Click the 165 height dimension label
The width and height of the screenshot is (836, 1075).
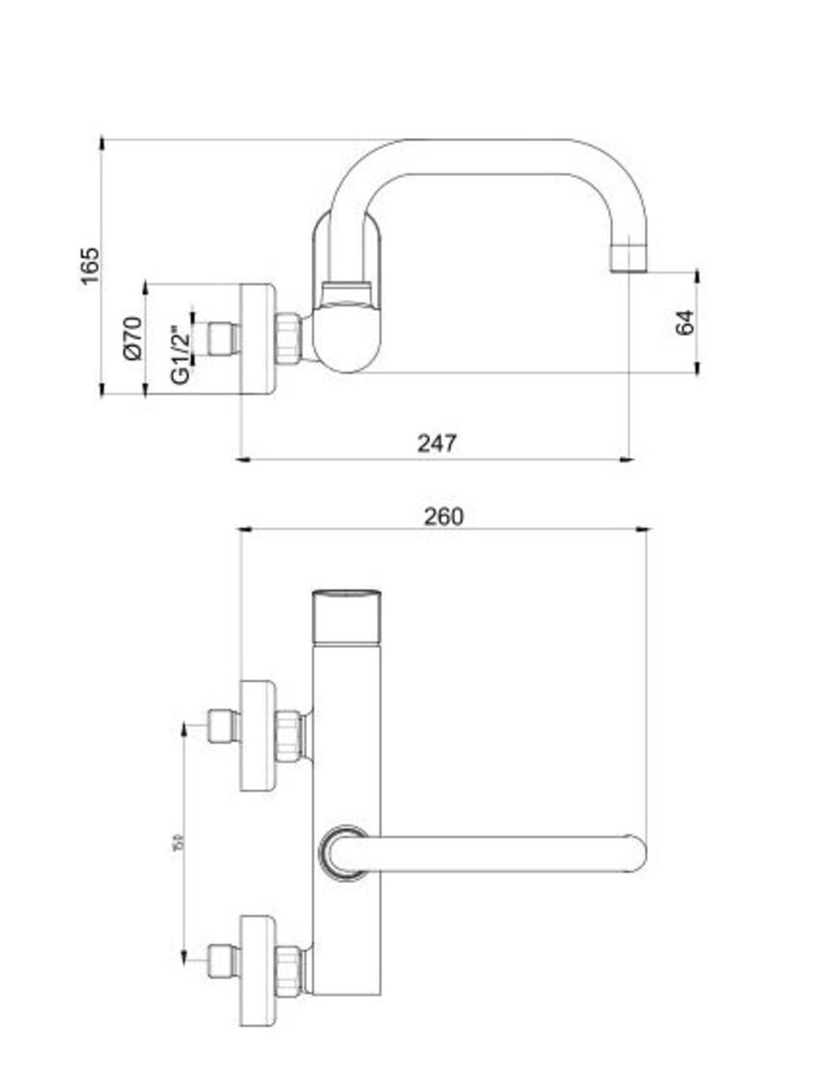pos(90,265)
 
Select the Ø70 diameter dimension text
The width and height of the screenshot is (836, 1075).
pos(132,338)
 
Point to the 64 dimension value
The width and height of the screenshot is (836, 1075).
pos(685,322)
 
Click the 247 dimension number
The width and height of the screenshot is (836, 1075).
pos(437,443)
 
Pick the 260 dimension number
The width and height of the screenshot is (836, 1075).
pos(443,516)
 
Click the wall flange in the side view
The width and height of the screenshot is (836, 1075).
pos(257,339)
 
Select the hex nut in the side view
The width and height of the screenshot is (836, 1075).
pos(288,339)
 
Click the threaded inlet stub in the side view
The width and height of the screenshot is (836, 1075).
pos(223,339)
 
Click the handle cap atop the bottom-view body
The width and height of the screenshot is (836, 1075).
pos(346,617)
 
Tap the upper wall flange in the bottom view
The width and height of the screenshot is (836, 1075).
pos(257,736)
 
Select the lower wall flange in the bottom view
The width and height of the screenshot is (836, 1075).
pos(257,970)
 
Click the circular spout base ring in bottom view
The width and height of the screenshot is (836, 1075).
pos(344,853)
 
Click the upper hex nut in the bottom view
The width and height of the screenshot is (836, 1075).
pos(288,736)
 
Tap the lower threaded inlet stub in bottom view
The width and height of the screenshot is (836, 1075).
pos(223,961)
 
